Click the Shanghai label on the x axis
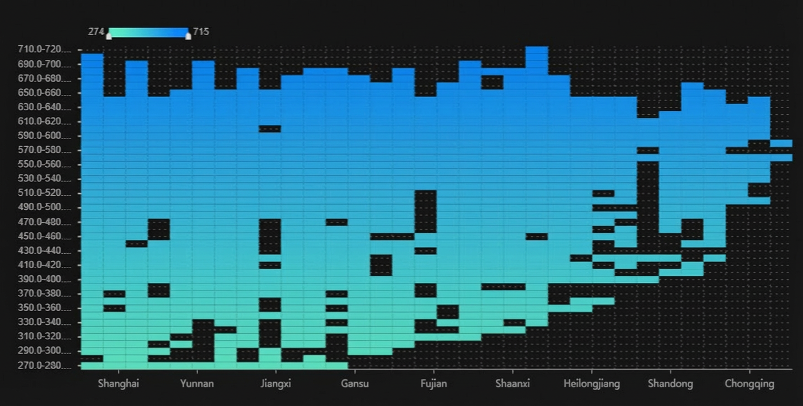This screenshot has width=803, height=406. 118,384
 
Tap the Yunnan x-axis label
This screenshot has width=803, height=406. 197,384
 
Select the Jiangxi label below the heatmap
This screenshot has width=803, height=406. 276,384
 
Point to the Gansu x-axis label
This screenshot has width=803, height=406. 355,384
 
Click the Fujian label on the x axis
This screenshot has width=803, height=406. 433,384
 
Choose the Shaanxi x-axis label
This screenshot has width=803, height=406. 512,384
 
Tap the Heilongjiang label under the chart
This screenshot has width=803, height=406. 591,384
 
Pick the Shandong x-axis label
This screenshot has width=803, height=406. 670,384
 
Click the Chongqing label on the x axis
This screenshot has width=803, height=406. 749,384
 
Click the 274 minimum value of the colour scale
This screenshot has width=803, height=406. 96,31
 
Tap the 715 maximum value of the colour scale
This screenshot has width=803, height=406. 201,31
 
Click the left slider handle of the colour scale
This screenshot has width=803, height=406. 109,36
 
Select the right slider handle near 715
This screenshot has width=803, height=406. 188,36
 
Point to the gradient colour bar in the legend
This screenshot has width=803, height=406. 148,33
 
